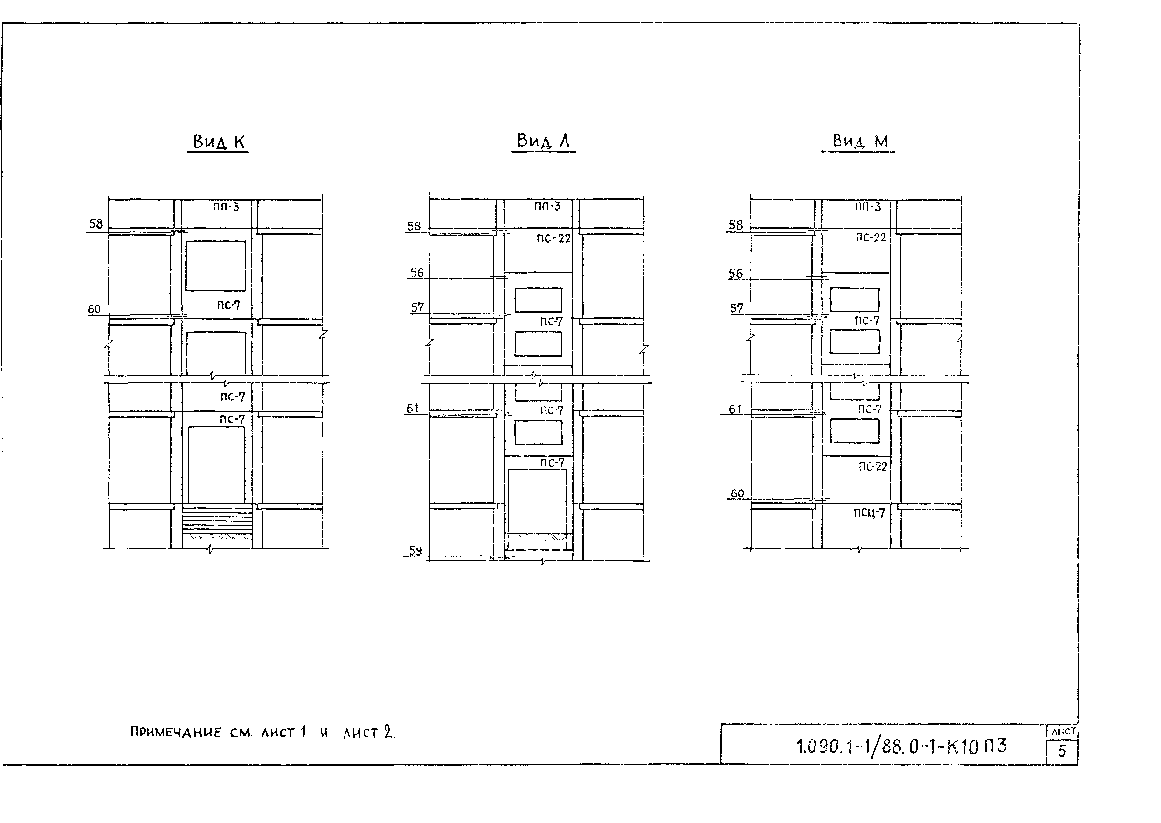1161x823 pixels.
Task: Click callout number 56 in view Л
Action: point(417,273)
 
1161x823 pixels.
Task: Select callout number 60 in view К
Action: point(94,309)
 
